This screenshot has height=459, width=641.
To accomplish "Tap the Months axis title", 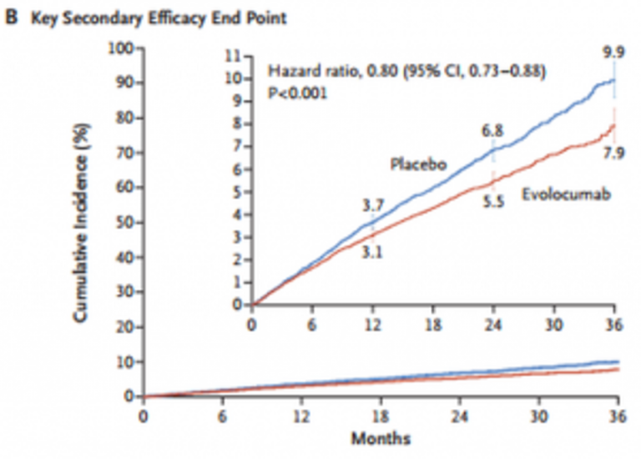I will (x=381, y=437).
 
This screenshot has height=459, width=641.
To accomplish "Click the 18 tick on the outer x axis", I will (x=381, y=414).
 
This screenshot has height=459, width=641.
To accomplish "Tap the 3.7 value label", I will (x=372, y=204).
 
